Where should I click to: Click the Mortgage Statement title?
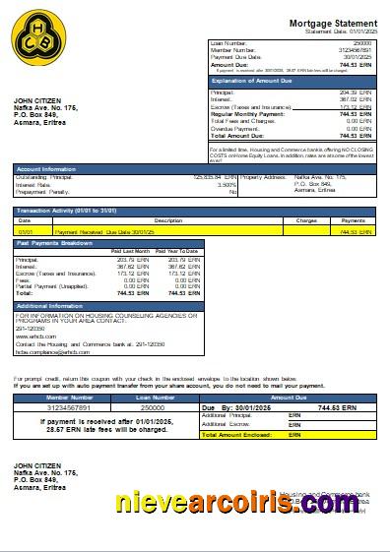click(332, 23)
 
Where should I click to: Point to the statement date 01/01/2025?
click(360, 31)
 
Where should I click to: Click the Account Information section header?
click(44, 169)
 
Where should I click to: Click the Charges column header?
click(306, 220)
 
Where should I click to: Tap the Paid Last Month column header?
click(130, 252)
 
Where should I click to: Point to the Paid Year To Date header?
click(179, 252)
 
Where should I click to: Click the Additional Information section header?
click(50, 306)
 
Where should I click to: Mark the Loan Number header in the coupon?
click(152, 397)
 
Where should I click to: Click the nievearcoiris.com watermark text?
click(249, 504)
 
